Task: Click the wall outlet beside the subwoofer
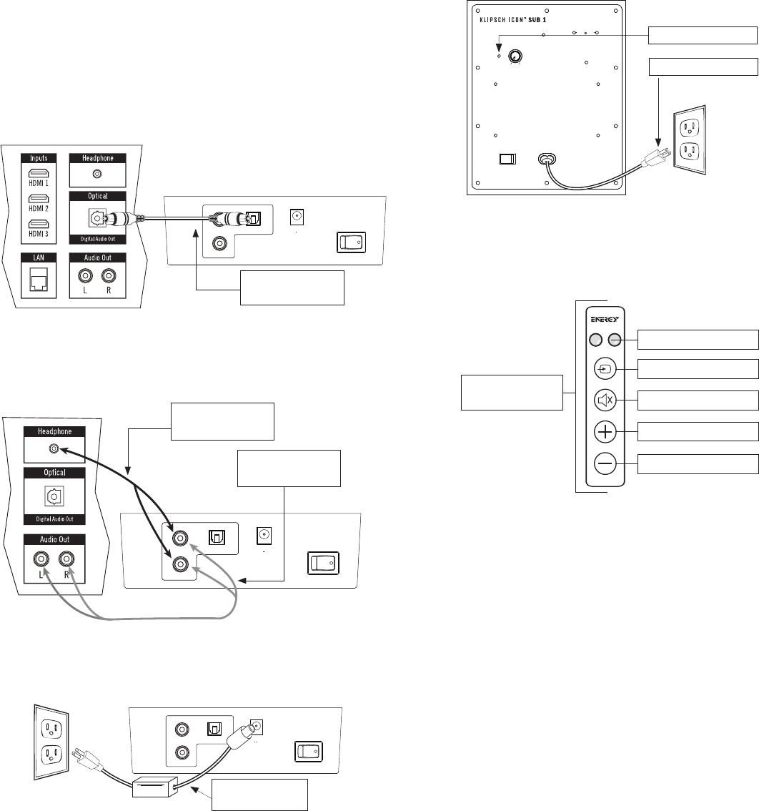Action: pos(689,139)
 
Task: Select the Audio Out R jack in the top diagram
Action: pos(109,275)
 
